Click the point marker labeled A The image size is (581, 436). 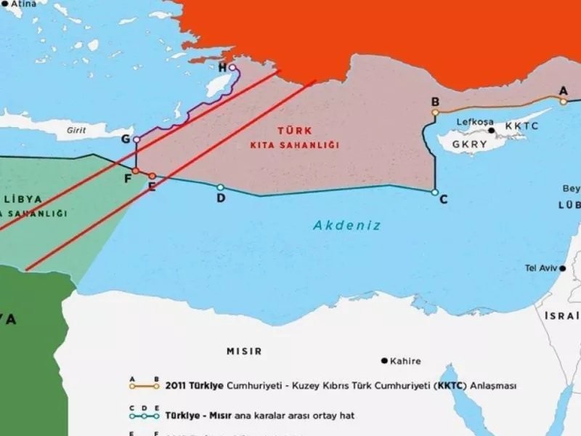(x=563, y=102)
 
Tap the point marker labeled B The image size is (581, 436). (x=435, y=113)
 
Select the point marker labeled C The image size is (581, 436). (x=434, y=193)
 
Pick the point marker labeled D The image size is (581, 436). (x=221, y=187)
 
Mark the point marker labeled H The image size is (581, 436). (x=232, y=68)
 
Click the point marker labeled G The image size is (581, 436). (x=136, y=139)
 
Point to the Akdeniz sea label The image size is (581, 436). (x=347, y=225)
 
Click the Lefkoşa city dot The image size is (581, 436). (x=492, y=131)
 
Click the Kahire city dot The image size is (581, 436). (x=383, y=360)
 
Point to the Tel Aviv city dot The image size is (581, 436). (x=562, y=268)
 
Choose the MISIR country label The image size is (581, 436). (x=244, y=351)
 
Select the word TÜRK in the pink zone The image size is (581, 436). (x=294, y=131)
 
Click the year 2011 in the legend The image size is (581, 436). (x=178, y=386)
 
